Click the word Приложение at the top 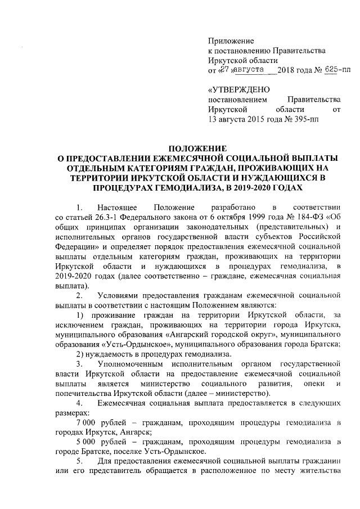(x=231, y=40)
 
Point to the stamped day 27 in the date (x=224, y=69)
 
